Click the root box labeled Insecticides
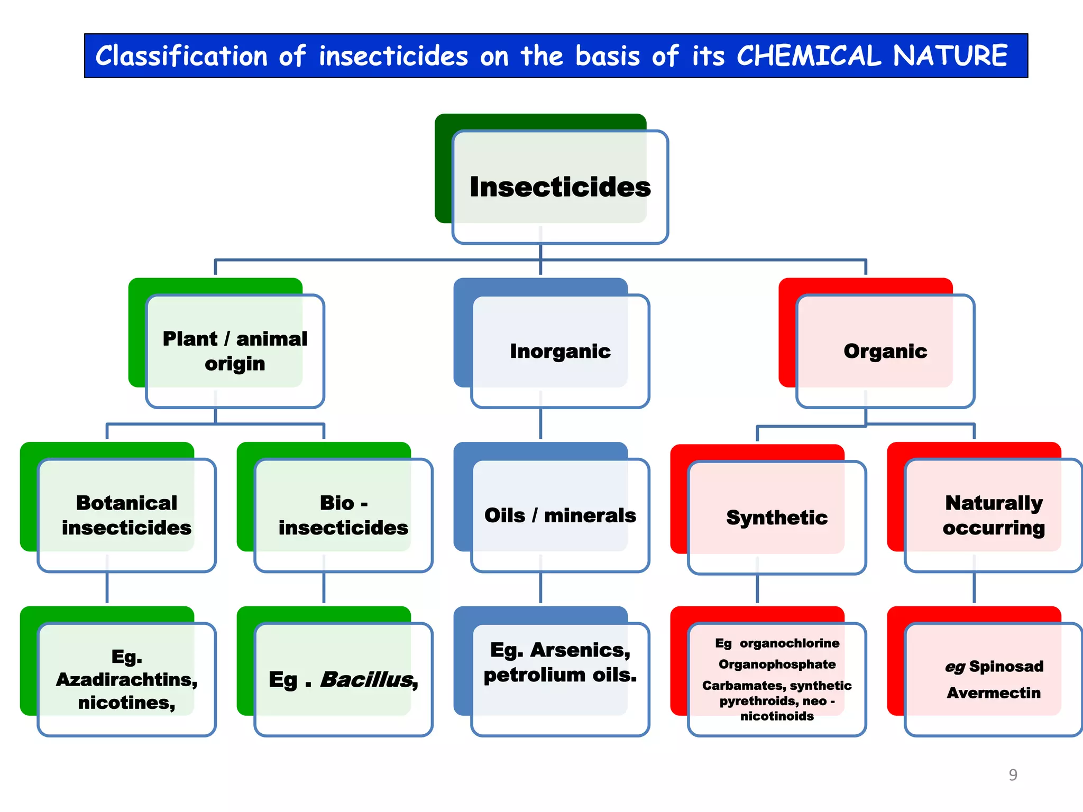[560, 187]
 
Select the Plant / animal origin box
[235, 351]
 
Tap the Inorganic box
[560, 351]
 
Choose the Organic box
[885, 351]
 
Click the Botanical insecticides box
[126, 515]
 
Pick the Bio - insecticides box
[343, 515]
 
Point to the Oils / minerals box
[560, 515]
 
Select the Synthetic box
[777, 517]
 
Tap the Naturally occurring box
[994, 515]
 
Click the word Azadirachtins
[126, 680]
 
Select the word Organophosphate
[777, 665]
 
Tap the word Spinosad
[1006, 667]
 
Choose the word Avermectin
[994, 693]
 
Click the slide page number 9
[1013, 775]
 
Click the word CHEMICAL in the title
[809, 56]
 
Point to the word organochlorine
[790, 643]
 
